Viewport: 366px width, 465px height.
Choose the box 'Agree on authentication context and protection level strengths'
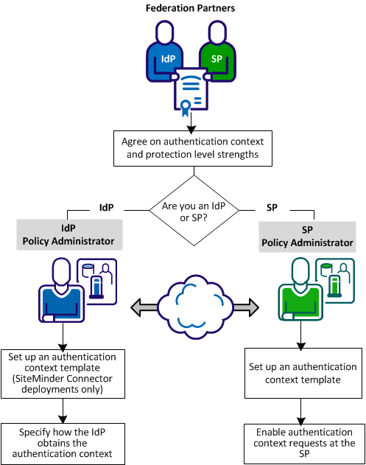(192, 147)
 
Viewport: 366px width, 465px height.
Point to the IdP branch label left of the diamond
(106, 208)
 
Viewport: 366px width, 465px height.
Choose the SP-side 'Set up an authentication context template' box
(302, 374)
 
